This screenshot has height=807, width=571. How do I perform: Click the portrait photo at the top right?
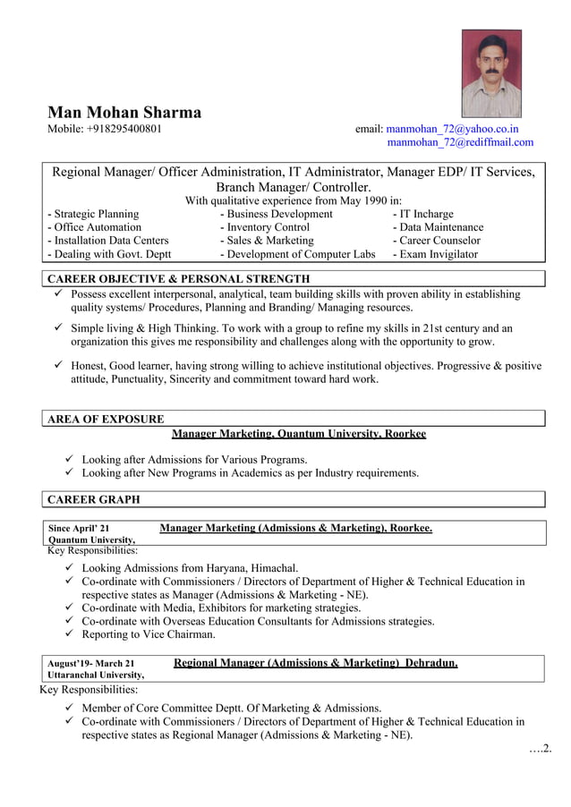(490, 73)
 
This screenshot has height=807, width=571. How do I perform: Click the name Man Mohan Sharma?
(124, 113)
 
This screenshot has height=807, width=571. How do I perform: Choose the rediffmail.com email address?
(460, 142)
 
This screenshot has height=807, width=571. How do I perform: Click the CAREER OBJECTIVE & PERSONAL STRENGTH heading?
(178, 279)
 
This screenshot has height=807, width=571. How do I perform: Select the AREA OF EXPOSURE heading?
(106, 419)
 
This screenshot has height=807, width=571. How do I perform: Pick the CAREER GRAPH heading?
(93, 499)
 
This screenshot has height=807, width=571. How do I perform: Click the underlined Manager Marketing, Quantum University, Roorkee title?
(299, 434)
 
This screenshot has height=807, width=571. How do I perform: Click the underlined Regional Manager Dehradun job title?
(315, 663)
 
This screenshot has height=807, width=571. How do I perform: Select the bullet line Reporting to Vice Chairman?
(149, 634)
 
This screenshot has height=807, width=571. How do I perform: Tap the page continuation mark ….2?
(539, 748)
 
